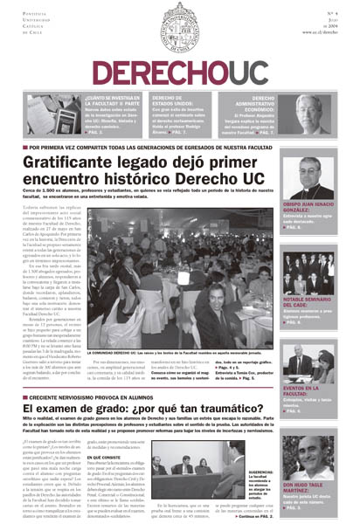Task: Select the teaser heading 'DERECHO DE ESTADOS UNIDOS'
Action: [173, 101]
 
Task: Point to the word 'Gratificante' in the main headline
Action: [76, 162]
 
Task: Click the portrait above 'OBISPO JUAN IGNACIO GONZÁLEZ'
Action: [315, 179]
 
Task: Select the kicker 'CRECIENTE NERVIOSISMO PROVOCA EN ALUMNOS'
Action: [97, 395]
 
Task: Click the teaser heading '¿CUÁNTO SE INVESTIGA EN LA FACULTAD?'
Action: [112, 101]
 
